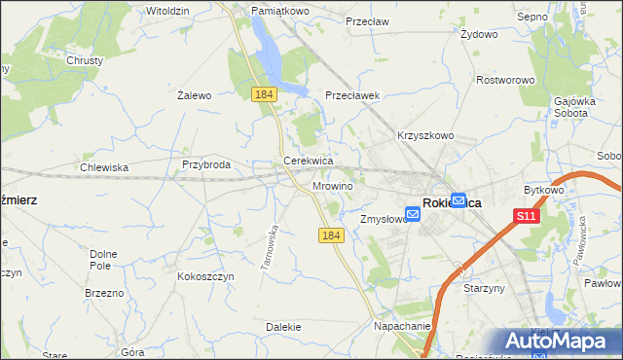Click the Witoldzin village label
click(x=167, y=10)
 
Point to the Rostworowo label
click(x=506, y=81)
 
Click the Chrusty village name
click(x=85, y=60)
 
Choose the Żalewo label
click(x=195, y=95)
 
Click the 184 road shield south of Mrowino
click(x=331, y=235)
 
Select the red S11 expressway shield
click(x=527, y=216)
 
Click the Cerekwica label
click(x=309, y=161)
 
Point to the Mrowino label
click(x=333, y=184)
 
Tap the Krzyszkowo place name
click(x=425, y=136)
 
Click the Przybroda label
click(x=206, y=165)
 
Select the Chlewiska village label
click(x=104, y=167)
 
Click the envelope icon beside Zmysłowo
click(x=413, y=215)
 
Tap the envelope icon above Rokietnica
click(x=458, y=198)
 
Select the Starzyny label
click(x=484, y=289)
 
